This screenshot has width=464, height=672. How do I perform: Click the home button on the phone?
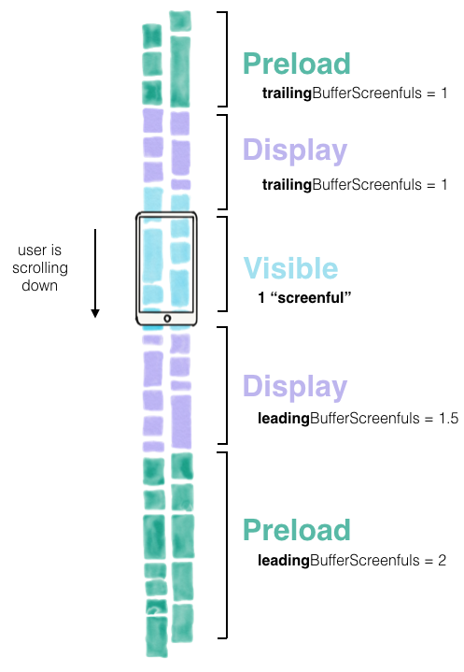167,319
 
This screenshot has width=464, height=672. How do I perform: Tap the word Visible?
290,269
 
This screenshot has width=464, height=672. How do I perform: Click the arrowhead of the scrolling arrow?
95,313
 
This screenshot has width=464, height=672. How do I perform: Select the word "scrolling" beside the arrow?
40,269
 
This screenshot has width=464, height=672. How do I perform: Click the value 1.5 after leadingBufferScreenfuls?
448,418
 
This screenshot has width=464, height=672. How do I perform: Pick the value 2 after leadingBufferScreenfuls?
442,560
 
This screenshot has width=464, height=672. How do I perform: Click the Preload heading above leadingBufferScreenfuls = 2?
297,530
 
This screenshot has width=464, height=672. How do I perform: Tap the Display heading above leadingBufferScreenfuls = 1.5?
295,387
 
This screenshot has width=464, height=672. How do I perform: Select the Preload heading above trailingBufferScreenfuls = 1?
297,64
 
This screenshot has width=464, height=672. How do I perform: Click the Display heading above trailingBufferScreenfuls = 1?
295,150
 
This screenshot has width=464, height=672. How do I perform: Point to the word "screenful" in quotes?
311,297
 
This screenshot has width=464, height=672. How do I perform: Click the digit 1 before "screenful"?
261,297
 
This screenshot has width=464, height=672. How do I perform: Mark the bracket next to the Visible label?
227,264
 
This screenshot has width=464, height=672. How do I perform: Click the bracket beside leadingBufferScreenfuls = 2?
227,545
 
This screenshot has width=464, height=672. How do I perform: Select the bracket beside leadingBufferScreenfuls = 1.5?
227,385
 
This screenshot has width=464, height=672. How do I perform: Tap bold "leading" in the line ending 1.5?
284,419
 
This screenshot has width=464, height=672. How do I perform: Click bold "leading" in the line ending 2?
284,561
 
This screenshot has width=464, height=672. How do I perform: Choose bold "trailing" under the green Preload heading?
287,93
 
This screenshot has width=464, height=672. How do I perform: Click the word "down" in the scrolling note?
40,285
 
